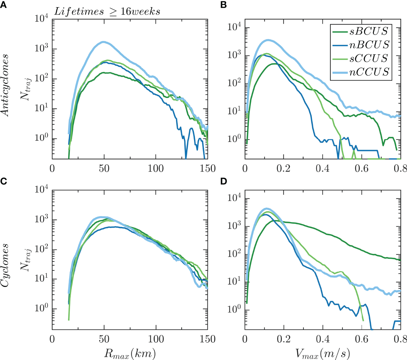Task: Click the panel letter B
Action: (x=224, y=5)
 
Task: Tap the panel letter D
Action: (x=224, y=181)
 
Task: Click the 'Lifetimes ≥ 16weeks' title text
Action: (x=107, y=12)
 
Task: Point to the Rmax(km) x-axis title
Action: (x=130, y=353)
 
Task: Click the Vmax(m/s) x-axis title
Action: (x=323, y=353)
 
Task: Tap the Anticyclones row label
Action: (x=5, y=85)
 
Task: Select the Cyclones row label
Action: (x=5, y=265)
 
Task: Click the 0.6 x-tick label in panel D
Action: (x=362, y=339)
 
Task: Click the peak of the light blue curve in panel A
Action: (x=104, y=42)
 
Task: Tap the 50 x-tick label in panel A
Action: (x=104, y=168)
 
